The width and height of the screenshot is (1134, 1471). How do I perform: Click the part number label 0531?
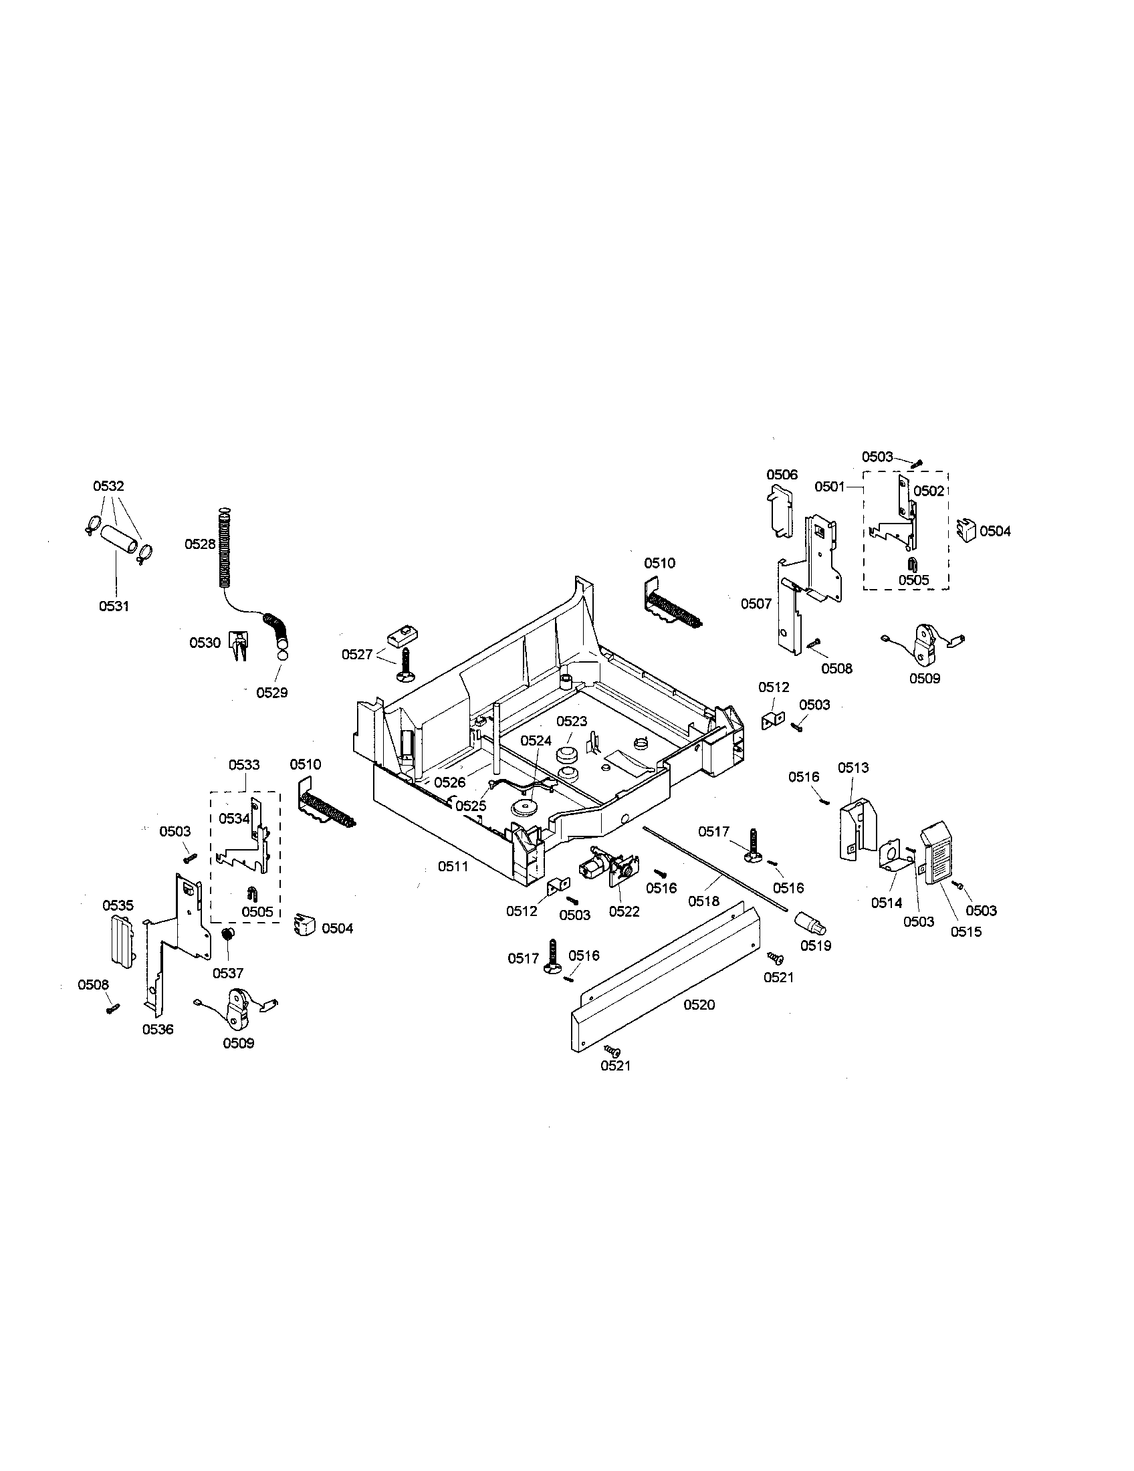114,606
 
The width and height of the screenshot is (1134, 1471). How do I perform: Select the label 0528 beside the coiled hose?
200,544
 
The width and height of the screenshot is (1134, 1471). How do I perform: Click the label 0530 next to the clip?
205,643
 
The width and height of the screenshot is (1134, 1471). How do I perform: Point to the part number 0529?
271,693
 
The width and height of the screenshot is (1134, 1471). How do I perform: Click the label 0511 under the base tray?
453,867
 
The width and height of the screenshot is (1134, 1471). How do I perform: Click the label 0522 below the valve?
625,911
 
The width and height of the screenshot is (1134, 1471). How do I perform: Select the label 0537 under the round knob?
227,973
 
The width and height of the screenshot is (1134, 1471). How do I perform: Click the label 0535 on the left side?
118,905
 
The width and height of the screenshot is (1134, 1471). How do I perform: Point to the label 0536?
158,1029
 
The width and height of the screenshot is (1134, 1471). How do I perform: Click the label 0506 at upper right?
782,474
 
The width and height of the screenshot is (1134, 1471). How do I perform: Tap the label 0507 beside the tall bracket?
756,604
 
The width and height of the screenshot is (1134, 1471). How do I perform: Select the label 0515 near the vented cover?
966,931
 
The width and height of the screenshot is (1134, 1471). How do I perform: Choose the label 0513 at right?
853,767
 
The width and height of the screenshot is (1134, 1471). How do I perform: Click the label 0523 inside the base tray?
571,721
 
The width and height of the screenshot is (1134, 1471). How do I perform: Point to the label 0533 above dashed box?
244,764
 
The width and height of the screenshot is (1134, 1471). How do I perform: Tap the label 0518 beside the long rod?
703,901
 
